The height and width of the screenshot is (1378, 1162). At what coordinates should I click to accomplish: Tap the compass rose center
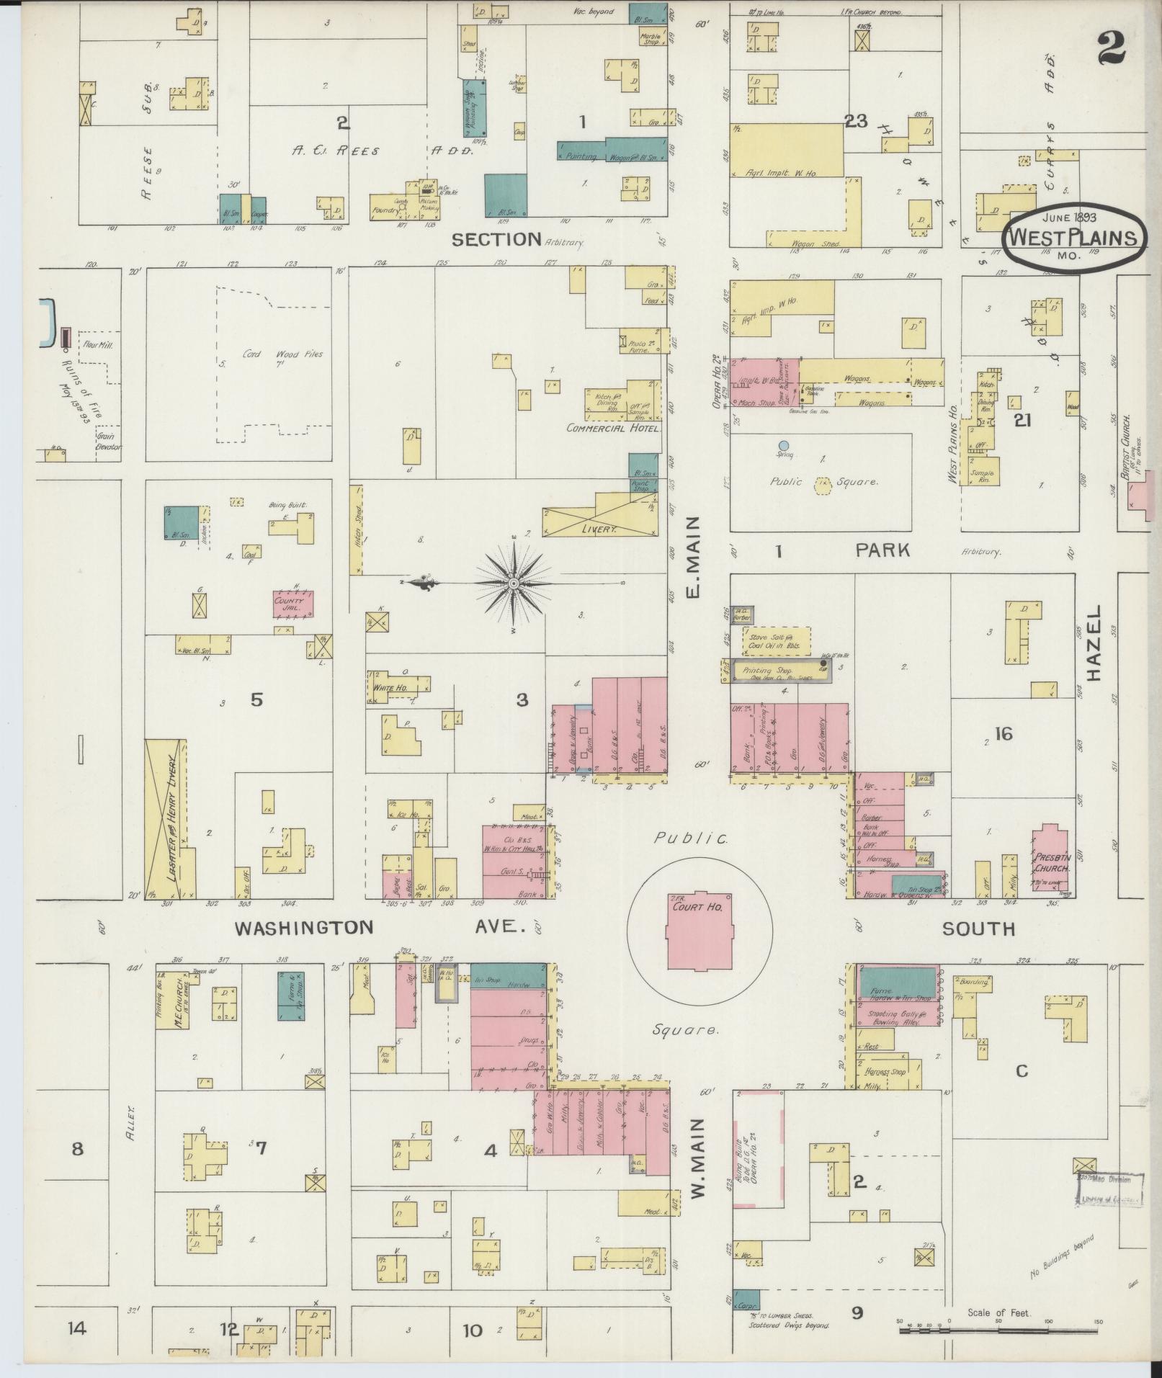click(513, 582)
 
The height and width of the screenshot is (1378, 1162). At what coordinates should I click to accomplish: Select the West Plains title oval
click(1074, 238)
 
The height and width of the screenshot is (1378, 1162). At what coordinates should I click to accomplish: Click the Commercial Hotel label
click(614, 428)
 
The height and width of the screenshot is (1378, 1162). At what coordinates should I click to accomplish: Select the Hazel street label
click(1095, 643)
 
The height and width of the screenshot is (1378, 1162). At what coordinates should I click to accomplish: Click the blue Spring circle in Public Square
click(784, 445)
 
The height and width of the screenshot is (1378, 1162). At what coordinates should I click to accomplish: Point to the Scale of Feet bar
click(998, 1330)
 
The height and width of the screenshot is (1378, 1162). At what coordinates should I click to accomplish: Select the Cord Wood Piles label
click(273, 354)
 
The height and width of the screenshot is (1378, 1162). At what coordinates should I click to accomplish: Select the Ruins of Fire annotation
click(76, 382)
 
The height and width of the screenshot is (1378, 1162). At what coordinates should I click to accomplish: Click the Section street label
click(496, 239)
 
